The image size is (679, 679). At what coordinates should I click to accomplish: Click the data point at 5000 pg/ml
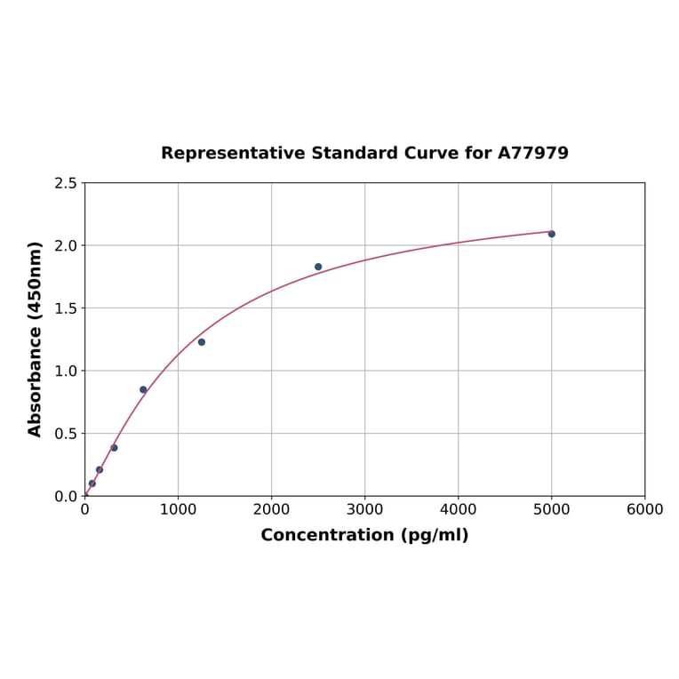[551, 234]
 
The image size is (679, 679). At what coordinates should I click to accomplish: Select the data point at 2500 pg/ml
[318, 267]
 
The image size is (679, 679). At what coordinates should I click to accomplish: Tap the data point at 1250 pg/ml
[202, 342]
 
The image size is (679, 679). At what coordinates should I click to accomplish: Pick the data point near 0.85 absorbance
[143, 389]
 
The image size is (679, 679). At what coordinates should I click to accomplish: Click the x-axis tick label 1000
[178, 509]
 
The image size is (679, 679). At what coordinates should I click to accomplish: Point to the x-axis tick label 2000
[271, 509]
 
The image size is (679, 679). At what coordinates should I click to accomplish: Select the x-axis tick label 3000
[364, 509]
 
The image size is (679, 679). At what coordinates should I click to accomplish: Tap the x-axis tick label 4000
[458, 509]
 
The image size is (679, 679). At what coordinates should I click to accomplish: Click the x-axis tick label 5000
[551, 509]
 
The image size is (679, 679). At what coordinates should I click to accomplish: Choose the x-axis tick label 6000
[644, 509]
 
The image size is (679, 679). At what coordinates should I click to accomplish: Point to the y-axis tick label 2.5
[66, 183]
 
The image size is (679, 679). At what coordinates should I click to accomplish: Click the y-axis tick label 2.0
[66, 245]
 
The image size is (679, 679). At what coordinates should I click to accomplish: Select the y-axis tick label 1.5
[66, 308]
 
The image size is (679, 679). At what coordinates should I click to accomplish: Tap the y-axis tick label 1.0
[66, 371]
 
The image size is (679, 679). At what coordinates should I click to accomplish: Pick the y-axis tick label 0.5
[66, 434]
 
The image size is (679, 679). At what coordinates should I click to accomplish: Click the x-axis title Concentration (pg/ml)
[364, 535]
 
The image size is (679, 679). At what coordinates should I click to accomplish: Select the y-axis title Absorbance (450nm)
[36, 339]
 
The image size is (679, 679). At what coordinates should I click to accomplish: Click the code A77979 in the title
[532, 153]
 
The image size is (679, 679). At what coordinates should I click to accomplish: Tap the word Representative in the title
[233, 153]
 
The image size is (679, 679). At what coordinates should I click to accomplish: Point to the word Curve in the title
[431, 153]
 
